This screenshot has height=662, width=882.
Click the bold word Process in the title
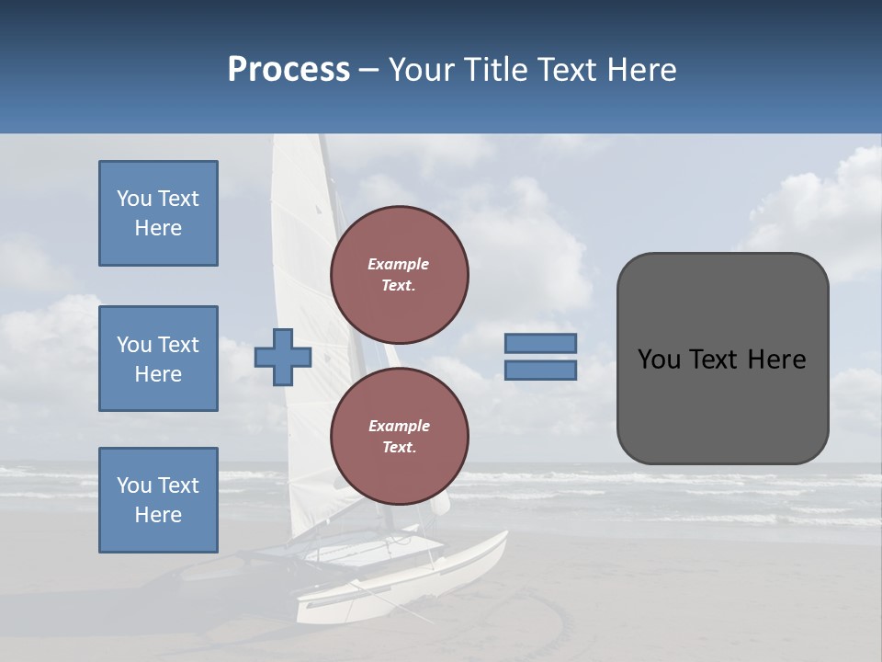pos(288,70)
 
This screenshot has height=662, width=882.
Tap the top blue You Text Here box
pos(158,213)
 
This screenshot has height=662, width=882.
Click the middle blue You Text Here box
pos(158,359)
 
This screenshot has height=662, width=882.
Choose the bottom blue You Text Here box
pos(158,499)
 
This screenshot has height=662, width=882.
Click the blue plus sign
pos(283,357)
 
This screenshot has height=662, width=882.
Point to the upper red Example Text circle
pos(399,275)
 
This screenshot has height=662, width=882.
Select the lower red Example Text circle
pos(399,437)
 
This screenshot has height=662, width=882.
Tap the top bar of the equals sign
pos(540,343)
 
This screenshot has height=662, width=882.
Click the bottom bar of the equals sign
pos(540,370)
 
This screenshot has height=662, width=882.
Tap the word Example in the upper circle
pos(399,264)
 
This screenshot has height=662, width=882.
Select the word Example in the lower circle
pos(399,426)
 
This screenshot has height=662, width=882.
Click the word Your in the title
pos(422,70)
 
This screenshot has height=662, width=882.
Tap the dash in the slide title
pos(368,70)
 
